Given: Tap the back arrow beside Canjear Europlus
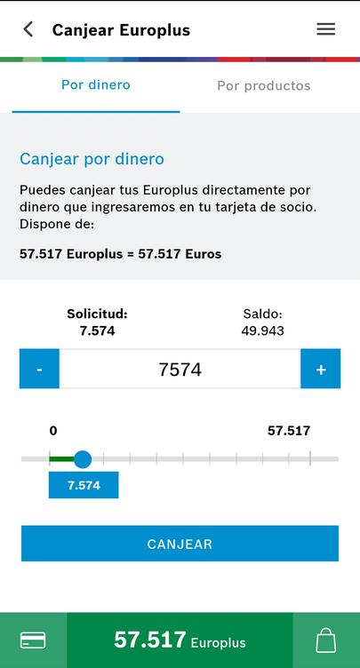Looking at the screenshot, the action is click(x=28, y=30).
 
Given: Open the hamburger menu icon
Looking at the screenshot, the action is click(x=326, y=29).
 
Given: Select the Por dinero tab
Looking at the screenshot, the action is click(x=95, y=84).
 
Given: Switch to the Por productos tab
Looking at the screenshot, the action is click(x=264, y=85).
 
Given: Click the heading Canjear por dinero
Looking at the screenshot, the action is click(x=92, y=159).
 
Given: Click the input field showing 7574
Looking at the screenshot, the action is click(x=180, y=369).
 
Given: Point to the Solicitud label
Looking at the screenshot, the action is click(x=97, y=314).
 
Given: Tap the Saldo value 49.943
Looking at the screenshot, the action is click(x=263, y=330).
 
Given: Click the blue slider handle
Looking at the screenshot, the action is click(x=83, y=459).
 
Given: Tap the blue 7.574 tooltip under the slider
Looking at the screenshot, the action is click(x=84, y=485).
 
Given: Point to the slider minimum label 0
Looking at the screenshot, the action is click(x=53, y=431).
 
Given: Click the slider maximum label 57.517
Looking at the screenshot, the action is click(x=289, y=431).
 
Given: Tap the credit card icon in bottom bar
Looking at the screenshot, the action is click(x=33, y=640).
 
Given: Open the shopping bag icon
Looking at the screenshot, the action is click(x=326, y=640).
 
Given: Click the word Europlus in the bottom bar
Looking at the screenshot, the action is click(x=219, y=642).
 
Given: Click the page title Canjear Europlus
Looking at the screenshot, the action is click(x=121, y=30).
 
